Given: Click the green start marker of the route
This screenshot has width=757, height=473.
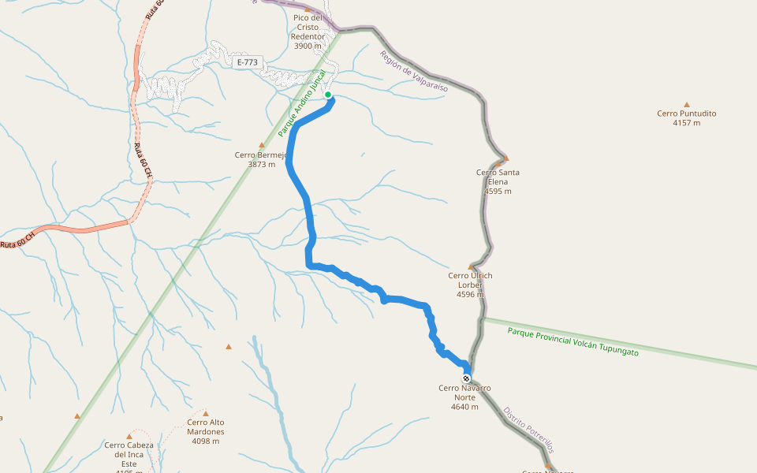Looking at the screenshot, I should tap(328, 95).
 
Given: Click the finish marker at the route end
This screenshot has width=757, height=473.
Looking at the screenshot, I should tap(466, 378).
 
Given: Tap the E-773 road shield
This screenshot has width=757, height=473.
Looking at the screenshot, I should tap(247, 61).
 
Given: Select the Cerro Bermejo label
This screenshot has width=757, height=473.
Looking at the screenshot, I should tap(261, 155).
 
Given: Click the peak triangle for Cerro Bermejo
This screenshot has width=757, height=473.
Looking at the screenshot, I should tap(262, 145).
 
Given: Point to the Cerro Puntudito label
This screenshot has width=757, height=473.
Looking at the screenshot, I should tap(686, 114).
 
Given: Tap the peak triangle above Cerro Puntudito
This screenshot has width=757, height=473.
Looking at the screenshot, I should tap(687, 104).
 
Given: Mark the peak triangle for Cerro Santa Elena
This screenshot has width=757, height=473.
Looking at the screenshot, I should tap(505, 158).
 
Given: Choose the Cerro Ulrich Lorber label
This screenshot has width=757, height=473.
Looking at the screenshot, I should tap(470, 280).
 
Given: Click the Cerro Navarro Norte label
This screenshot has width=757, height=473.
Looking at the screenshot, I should tap(464, 393).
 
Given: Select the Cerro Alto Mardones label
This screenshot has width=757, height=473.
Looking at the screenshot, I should tap(206, 426).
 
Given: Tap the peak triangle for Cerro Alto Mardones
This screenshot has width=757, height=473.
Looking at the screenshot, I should tap(206, 413).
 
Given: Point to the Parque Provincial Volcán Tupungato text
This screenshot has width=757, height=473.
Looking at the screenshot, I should tap(573, 342).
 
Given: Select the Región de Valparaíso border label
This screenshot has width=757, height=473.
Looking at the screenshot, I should tap(413, 72).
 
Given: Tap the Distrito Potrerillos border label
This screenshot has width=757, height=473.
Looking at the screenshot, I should tap(528, 430).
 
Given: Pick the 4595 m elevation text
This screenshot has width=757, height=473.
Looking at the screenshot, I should tap(498, 192).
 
